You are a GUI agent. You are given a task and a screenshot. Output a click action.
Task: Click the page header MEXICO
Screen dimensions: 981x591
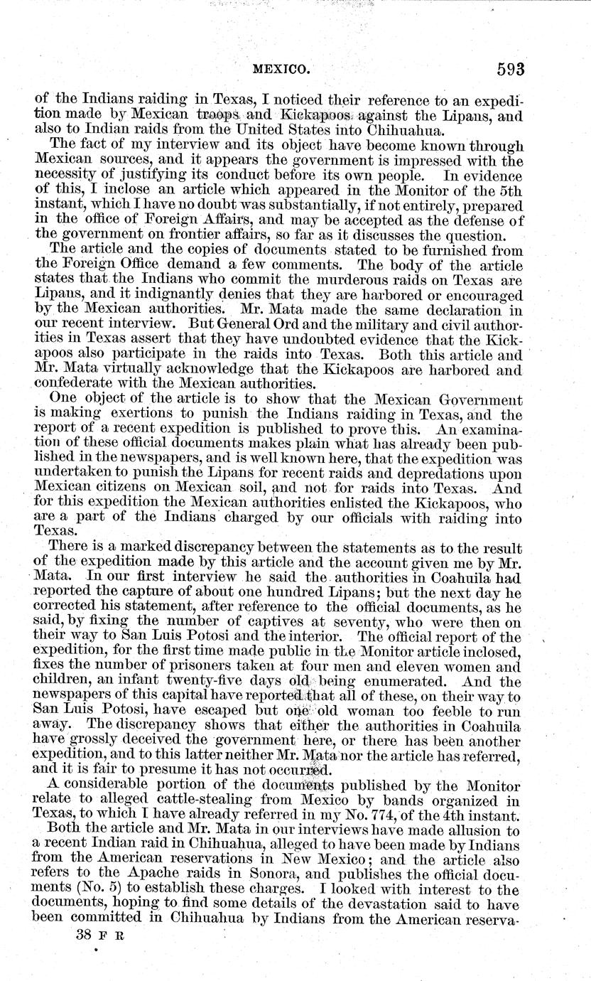pos(283,70)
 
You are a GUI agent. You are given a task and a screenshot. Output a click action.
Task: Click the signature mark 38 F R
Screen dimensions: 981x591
pos(99,938)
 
